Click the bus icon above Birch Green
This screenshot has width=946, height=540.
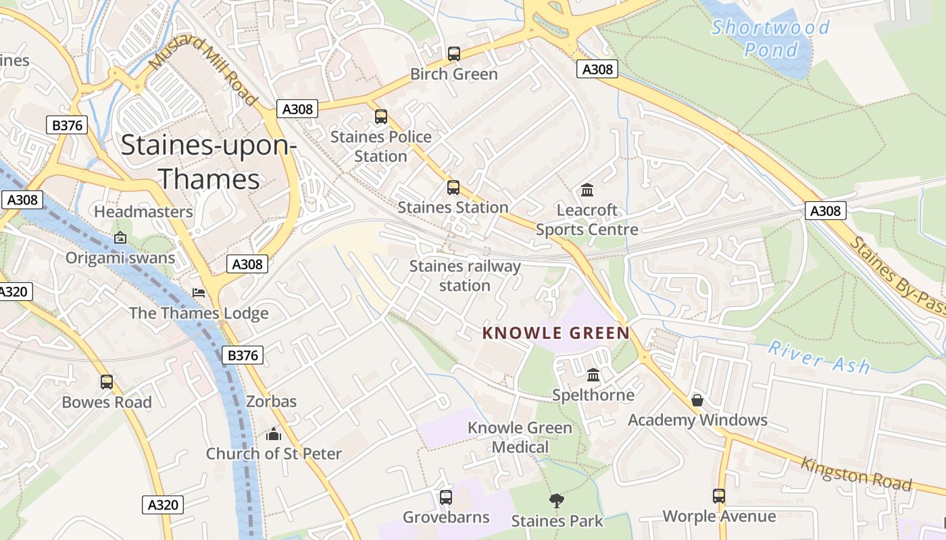[x=454, y=53]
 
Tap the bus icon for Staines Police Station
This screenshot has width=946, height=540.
[x=381, y=117]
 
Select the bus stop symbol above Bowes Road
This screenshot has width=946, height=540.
[x=107, y=382]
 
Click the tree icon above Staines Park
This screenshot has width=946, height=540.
[x=557, y=500]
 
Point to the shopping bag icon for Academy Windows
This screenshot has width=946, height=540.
[x=697, y=400]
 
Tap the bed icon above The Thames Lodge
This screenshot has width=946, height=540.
[x=199, y=293]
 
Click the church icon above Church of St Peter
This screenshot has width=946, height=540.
[x=274, y=433]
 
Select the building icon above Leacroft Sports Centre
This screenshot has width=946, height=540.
[x=587, y=190]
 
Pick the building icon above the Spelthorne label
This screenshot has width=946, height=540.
[x=593, y=375]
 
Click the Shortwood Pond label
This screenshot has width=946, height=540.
[x=771, y=38]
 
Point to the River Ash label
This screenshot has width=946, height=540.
[x=819, y=357]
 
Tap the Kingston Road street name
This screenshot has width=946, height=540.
[x=856, y=474]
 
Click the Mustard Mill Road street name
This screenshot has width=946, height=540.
[x=203, y=71]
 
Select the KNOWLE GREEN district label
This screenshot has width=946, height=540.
[x=556, y=333]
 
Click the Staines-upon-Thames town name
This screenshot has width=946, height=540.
[x=209, y=163]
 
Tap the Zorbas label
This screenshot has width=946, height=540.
[x=271, y=402]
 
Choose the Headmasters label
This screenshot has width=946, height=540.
[x=143, y=212]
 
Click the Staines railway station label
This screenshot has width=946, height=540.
[x=465, y=275]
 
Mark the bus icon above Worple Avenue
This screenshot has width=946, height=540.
[x=719, y=496]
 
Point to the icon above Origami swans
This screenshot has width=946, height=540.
[x=120, y=238]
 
